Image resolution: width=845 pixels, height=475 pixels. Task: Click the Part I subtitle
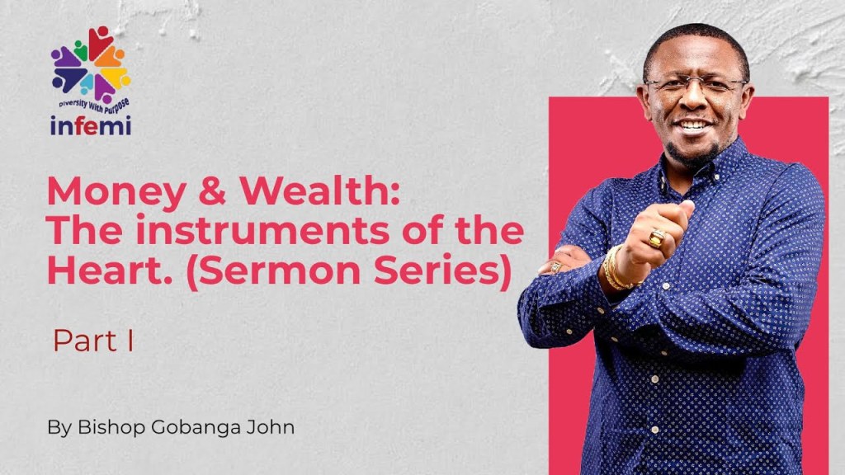(93, 341)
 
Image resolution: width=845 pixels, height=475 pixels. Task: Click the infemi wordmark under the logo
(90, 126)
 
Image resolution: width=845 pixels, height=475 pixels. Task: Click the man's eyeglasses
(695, 85)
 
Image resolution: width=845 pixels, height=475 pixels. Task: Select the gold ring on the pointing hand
(656, 239)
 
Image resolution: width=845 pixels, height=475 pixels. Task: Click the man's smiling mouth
(692, 126)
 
